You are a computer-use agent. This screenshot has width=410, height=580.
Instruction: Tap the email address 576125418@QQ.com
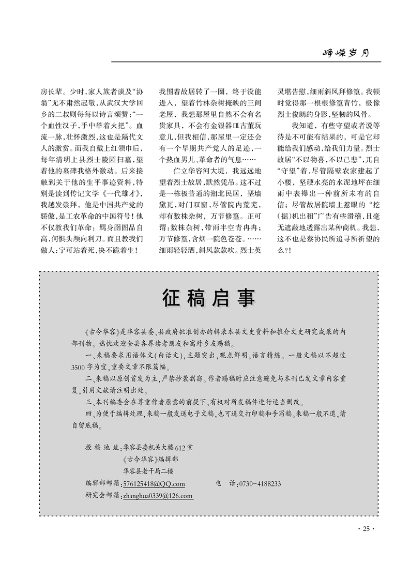tap(154, 483)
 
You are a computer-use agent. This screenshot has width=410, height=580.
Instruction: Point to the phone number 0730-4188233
tap(260, 483)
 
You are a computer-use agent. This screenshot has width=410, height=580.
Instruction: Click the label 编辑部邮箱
tap(102, 483)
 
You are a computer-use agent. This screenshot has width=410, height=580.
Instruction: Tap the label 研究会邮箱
tap(102, 495)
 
